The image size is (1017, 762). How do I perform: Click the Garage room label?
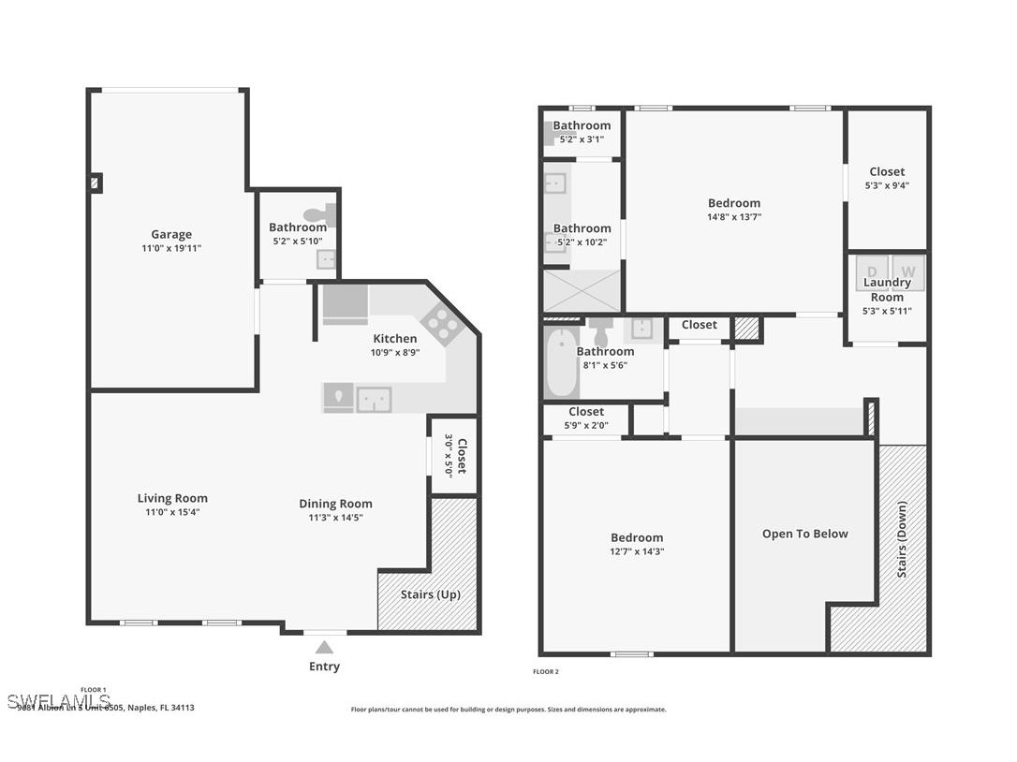(171, 235)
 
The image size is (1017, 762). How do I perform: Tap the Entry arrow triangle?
(324, 647)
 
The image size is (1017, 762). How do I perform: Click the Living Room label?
(172, 498)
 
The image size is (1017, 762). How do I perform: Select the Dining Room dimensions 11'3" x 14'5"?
(335, 518)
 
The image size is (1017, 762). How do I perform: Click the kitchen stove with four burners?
(440, 324)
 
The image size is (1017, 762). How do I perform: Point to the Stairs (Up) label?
(430, 594)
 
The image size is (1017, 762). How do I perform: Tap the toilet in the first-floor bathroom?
(319, 215)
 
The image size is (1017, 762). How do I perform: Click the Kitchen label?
(394, 339)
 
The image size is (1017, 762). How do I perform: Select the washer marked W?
(907, 271)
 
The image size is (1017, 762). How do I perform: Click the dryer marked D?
(872, 271)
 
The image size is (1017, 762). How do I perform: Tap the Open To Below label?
(804, 534)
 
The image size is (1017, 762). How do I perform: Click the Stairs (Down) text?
(902, 539)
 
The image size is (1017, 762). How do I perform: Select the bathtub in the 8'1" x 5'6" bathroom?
(562, 362)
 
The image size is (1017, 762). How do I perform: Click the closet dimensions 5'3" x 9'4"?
(886, 185)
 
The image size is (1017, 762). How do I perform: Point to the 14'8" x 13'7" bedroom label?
(733, 203)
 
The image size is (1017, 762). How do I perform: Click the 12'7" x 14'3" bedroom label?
(636, 537)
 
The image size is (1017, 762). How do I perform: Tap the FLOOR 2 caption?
(545, 671)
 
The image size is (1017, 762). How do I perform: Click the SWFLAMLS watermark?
(58, 701)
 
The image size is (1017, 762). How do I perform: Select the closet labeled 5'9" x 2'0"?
(586, 418)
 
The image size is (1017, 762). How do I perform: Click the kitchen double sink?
(374, 399)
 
